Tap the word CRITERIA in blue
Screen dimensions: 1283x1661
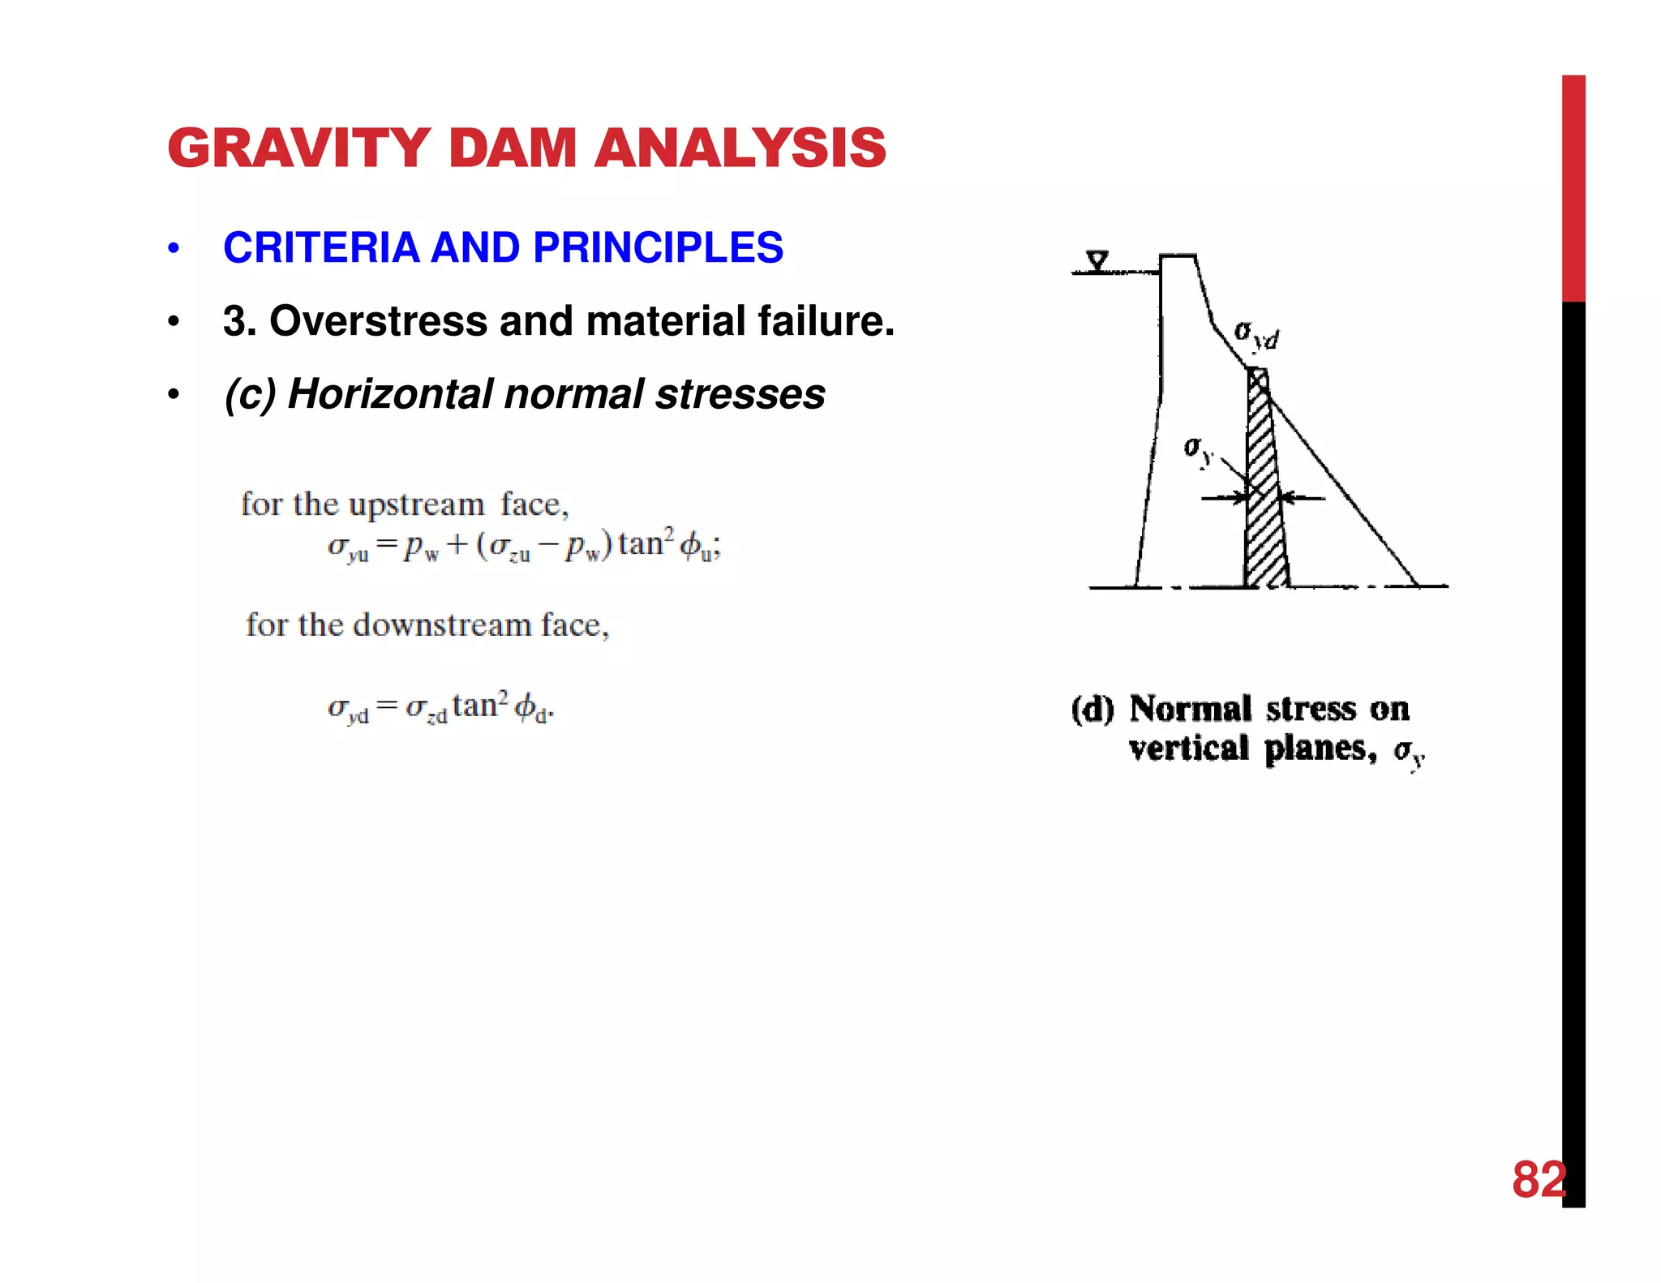pyautogui.click(x=321, y=247)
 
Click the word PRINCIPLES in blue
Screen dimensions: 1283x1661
pyautogui.click(x=658, y=247)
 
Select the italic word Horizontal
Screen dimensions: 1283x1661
pyautogui.click(x=389, y=394)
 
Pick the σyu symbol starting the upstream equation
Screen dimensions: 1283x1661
pyautogui.click(x=348, y=547)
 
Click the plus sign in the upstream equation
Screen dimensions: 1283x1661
pyautogui.click(x=457, y=544)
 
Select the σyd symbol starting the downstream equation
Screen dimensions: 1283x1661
pyautogui.click(x=348, y=709)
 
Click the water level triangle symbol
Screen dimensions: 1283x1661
pyautogui.click(x=1097, y=261)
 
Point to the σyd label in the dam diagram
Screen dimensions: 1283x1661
pyautogui.click(x=1255, y=334)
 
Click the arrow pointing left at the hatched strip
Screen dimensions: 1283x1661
pyautogui.click(x=1302, y=498)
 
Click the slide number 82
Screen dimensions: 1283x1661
pyautogui.click(x=1538, y=1179)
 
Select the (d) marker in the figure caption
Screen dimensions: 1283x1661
pyautogui.click(x=1092, y=709)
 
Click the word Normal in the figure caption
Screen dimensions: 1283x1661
pyautogui.click(x=1190, y=709)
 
